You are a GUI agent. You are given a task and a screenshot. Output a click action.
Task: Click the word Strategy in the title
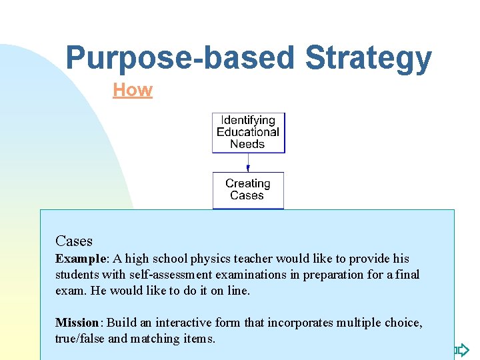pyautogui.click(x=368, y=58)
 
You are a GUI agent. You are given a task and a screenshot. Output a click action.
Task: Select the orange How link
pyautogui.click(x=133, y=90)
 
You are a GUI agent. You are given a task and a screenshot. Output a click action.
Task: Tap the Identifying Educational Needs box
pyautogui.click(x=248, y=133)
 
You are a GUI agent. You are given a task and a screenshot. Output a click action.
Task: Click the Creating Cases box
pyautogui.click(x=247, y=190)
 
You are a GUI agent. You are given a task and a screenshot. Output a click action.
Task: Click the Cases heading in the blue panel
pyautogui.click(x=74, y=241)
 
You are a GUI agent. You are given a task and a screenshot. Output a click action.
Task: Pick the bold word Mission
pyautogui.click(x=77, y=323)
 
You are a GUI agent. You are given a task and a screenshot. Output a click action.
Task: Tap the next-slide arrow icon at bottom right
pyautogui.click(x=461, y=349)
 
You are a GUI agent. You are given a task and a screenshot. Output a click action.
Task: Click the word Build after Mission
pyautogui.click(x=121, y=323)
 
